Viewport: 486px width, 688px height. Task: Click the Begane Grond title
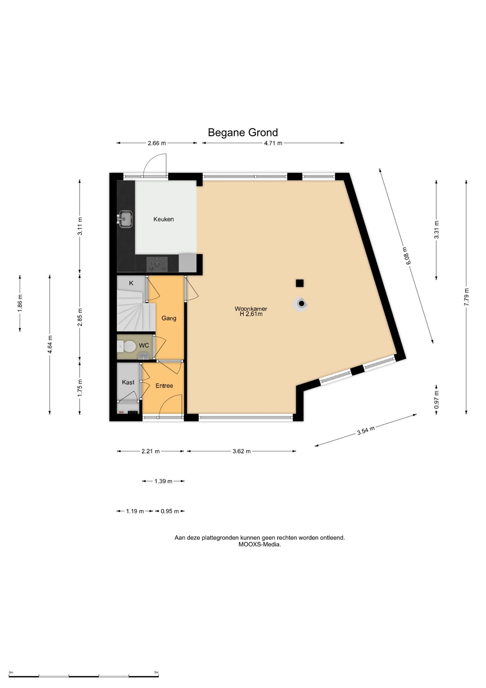pos(243,132)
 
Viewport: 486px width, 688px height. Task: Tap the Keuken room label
pos(164,219)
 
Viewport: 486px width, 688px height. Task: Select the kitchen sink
pos(125,219)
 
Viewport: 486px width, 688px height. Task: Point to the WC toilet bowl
pos(128,347)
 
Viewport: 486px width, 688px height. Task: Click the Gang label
pos(169,318)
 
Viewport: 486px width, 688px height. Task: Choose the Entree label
pos(164,386)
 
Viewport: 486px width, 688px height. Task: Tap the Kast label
pos(128,382)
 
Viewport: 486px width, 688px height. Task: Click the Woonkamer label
pos(251,309)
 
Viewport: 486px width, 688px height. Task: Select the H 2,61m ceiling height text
pos(251,314)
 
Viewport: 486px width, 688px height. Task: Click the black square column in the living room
pos(300,283)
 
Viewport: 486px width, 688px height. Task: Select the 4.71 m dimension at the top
pos(274,143)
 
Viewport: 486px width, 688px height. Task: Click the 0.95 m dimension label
pos(169,511)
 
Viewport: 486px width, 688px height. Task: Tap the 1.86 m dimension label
pos(20,303)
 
